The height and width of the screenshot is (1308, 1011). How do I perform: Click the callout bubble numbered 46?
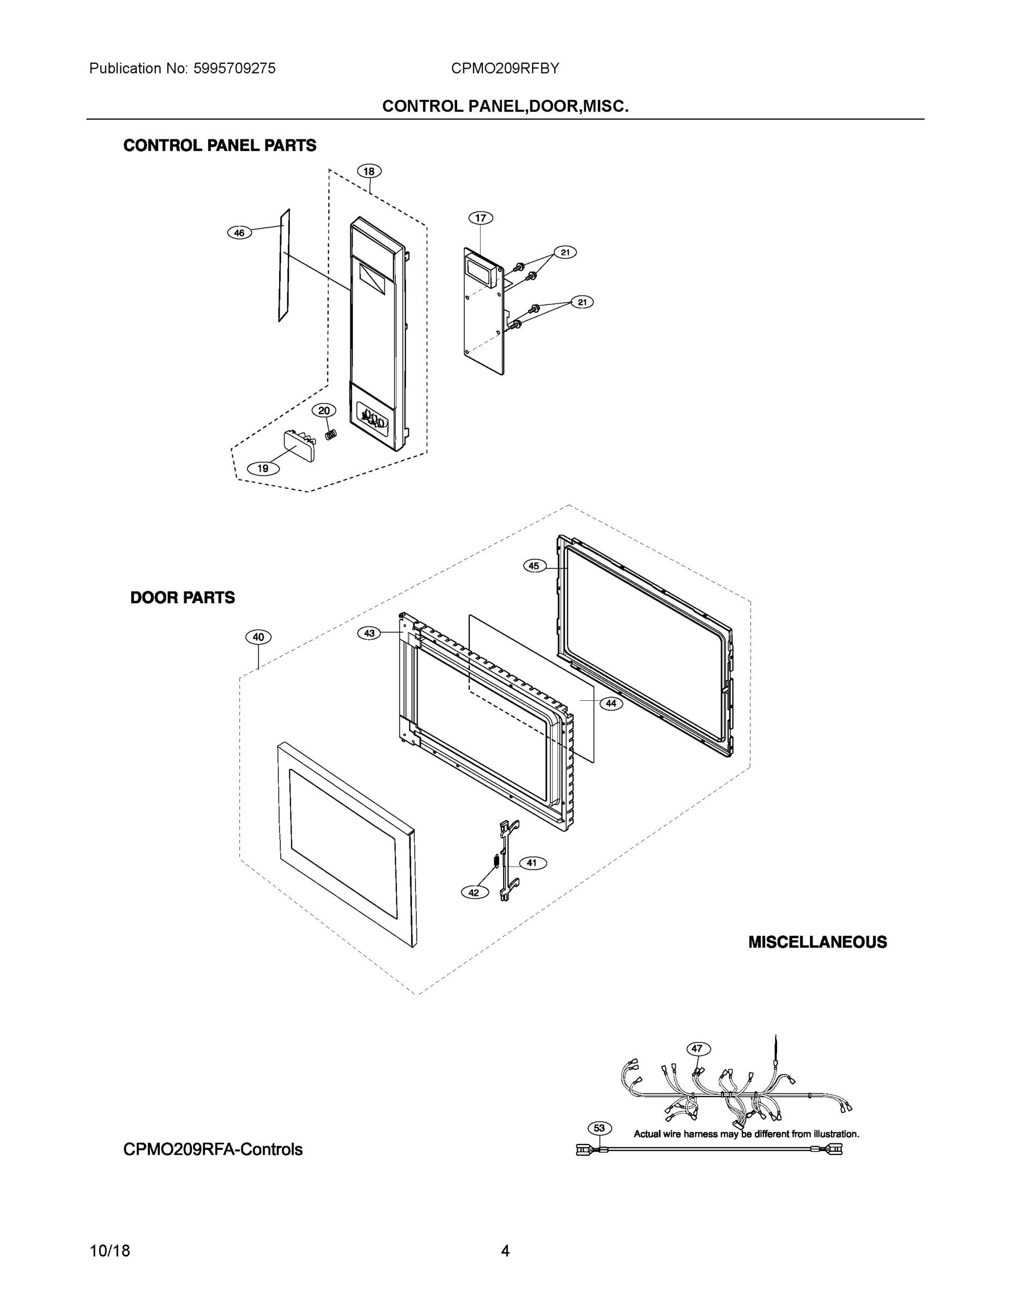[240, 232]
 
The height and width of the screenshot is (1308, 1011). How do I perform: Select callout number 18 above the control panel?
[369, 171]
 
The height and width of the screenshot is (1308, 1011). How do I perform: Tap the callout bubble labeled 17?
[480, 218]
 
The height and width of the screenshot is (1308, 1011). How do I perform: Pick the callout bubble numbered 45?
[534, 565]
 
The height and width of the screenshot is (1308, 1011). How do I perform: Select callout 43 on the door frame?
[370, 633]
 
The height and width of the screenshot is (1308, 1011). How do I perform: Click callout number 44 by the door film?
[610, 704]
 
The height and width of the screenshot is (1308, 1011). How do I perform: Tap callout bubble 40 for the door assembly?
[258, 637]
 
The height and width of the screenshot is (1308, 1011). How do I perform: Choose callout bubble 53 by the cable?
[600, 1128]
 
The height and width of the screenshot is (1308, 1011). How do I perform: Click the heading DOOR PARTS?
[183, 598]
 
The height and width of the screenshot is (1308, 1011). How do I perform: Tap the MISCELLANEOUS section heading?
[817, 942]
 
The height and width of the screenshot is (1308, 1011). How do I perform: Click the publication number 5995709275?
[234, 68]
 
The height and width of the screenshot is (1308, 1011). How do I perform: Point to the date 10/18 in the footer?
[110, 1251]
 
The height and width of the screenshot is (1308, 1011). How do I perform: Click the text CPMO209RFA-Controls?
[213, 1149]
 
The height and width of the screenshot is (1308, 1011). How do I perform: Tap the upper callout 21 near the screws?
[565, 253]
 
